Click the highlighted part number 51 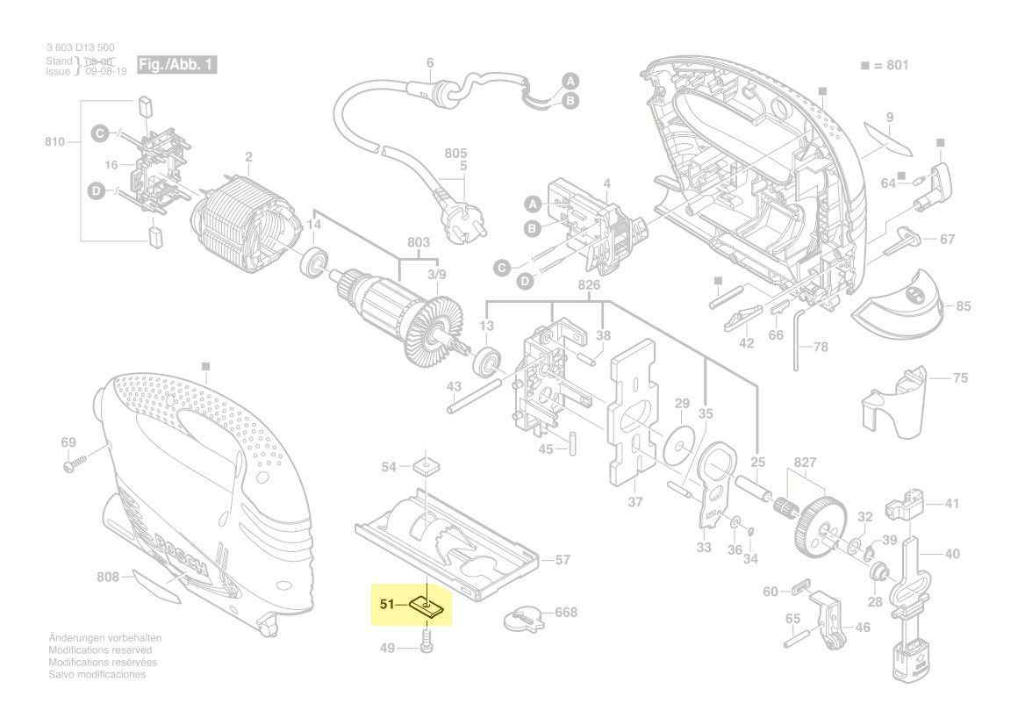387,604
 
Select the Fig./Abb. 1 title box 176,66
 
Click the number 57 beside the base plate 563,559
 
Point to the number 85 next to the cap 964,306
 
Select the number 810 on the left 54,141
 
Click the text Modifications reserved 100,650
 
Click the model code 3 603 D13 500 80,47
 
